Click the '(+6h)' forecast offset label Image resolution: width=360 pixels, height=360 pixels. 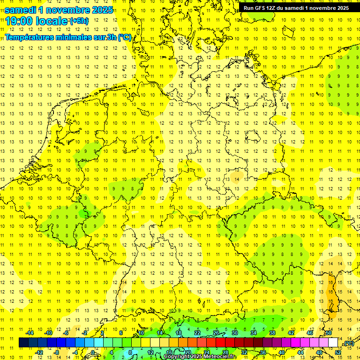[x=79, y=21]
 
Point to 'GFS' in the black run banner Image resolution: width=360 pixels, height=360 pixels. [x=261, y=8]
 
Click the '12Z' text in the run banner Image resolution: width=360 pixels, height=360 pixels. [x=274, y=8]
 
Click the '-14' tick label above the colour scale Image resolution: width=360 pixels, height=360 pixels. [x=30, y=333]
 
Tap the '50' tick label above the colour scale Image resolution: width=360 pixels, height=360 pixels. [x=328, y=333]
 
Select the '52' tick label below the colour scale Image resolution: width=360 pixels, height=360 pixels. [x=337, y=352]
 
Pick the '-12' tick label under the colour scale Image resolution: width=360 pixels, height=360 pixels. [x=39, y=352]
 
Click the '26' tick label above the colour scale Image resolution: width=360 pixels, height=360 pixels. [x=216, y=333]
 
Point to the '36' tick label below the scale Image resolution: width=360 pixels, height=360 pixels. [x=263, y=352]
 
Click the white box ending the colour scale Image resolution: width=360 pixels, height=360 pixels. [x=333, y=343]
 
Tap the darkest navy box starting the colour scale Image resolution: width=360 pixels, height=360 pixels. [x=23, y=343]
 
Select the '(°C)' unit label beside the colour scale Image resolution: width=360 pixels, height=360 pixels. [x=349, y=343]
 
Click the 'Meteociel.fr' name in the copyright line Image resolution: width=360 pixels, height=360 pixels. [x=220, y=357]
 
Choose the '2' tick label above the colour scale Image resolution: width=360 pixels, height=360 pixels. [x=102, y=333]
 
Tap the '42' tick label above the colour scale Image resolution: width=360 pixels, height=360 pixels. [x=291, y=333]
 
